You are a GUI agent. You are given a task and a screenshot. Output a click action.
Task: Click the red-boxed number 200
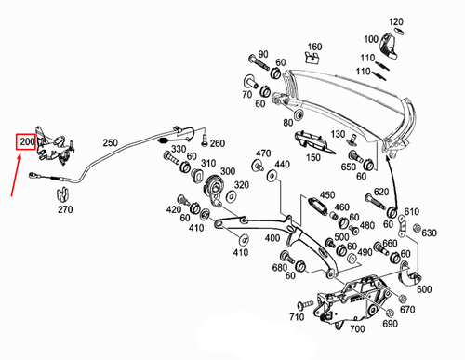click(26, 141)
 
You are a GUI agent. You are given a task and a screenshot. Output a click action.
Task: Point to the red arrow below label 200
click(16, 175)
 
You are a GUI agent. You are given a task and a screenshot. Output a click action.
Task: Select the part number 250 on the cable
click(111, 143)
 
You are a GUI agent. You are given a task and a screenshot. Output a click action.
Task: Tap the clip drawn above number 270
click(62, 194)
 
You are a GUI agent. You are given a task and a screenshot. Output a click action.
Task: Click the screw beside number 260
click(205, 140)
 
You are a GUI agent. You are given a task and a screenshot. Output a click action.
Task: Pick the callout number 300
click(228, 171)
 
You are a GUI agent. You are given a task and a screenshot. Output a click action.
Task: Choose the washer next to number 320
click(231, 196)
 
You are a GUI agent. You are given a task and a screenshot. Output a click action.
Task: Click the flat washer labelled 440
click(272, 176)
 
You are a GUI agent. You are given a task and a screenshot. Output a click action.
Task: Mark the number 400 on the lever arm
click(272, 238)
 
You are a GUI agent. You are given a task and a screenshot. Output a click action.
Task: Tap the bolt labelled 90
click(259, 62)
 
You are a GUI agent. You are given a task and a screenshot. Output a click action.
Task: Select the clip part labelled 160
click(312, 58)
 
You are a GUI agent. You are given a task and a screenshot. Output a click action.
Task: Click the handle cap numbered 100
click(388, 46)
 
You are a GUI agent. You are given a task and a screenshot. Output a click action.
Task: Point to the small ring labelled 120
click(399, 31)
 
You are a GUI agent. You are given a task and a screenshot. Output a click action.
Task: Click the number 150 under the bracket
click(313, 157)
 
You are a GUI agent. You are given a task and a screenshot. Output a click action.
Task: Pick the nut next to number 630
click(418, 228)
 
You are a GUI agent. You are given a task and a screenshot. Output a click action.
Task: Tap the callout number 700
click(357, 328)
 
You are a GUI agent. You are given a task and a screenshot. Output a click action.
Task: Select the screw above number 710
click(305, 304)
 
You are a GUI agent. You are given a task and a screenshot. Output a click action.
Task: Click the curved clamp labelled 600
click(409, 273)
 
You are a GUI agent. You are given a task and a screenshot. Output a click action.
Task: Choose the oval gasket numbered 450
click(318, 206)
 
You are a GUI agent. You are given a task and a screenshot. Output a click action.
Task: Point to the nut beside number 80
click(299, 114)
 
